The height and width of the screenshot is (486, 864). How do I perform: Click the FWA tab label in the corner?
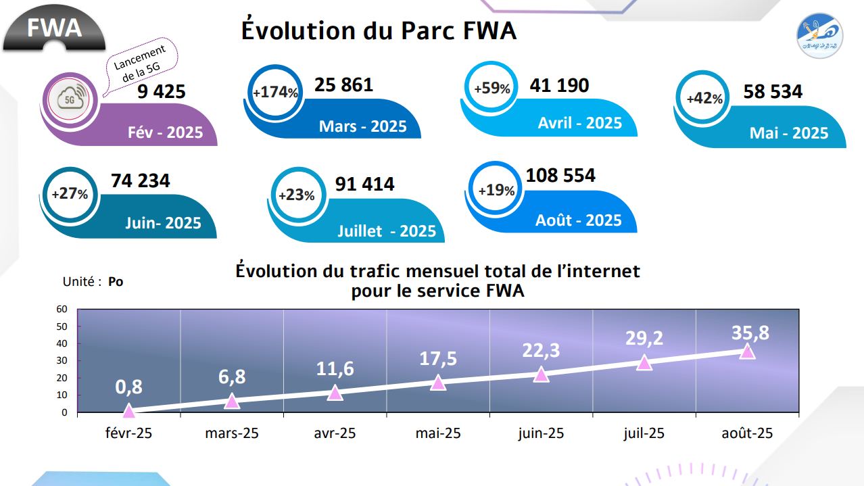pyautogui.click(x=54, y=28)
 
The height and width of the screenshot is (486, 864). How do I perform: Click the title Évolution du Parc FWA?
pyautogui.click(x=379, y=31)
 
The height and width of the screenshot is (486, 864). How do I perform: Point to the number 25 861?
pyautogui.click(x=343, y=85)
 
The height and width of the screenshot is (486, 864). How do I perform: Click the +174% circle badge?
pyautogui.click(x=274, y=93)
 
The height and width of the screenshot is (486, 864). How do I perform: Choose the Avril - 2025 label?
pyautogui.click(x=579, y=123)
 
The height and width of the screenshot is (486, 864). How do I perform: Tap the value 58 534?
pyautogui.click(x=773, y=91)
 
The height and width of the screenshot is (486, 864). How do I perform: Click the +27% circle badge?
pyautogui.click(x=70, y=194)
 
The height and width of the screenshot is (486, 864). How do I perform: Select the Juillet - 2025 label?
pyautogui.click(x=387, y=231)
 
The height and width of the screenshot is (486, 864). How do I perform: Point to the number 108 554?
pyautogui.click(x=560, y=176)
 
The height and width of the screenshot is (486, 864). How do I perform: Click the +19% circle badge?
pyautogui.click(x=496, y=191)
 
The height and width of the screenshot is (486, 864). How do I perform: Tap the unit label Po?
pyautogui.click(x=116, y=282)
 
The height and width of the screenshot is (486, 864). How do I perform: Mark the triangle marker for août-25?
pyautogui.click(x=747, y=350)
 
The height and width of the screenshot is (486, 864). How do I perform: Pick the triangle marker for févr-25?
pyautogui.click(x=129, y=410)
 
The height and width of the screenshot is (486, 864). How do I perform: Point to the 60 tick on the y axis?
pyautogui.click(x=62, y=309)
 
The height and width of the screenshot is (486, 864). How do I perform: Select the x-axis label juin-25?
pyautogui.click(x=541, y=433)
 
